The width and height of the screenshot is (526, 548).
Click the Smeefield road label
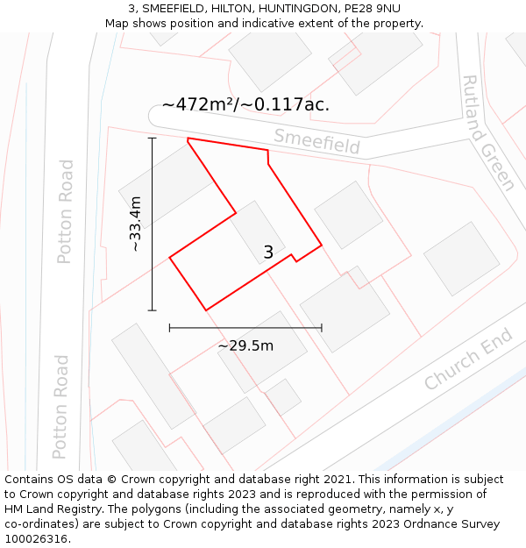click(x=316, y=140)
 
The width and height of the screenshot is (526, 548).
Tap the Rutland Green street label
click(x=487, y=132)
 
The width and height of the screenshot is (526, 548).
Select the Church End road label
click(x=467, y=359)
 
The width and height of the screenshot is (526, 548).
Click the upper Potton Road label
click(x=65, y=211)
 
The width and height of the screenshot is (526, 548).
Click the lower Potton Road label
click(x=60, y=407)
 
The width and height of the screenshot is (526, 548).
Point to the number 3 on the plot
click(x=268, y=253)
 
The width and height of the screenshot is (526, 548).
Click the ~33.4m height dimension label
click(x=136, y=224)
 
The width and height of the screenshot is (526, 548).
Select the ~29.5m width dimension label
click(x=245, y=345)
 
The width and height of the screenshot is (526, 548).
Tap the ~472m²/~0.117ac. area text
click(x=245, y=104)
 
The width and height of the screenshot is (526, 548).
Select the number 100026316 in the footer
click(x=37, y=539)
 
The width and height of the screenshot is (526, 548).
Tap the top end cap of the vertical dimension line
click(x=153, y=138)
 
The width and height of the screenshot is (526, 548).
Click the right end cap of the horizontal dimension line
click(x=322, y=328)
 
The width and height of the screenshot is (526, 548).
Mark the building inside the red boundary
click(x=258, y=232)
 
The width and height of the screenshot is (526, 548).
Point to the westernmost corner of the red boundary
click(x=169, y=257)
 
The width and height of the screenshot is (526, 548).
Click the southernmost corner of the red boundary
click(x=206, y=310)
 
